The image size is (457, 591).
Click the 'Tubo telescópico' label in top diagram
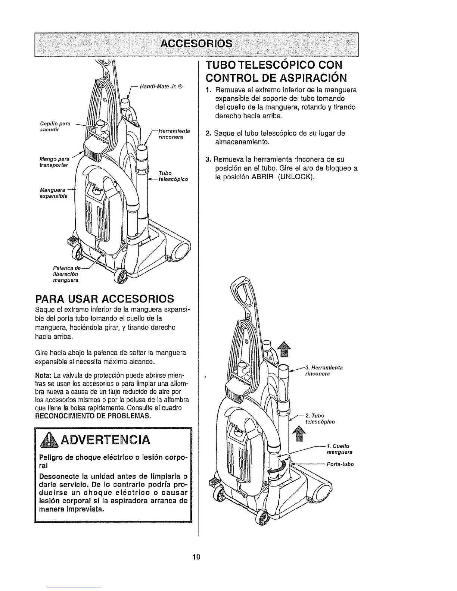click(173, 176)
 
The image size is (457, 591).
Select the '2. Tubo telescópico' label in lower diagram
click(320, 419)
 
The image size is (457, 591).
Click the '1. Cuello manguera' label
click(339, 449)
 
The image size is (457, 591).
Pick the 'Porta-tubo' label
click(340, 465)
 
